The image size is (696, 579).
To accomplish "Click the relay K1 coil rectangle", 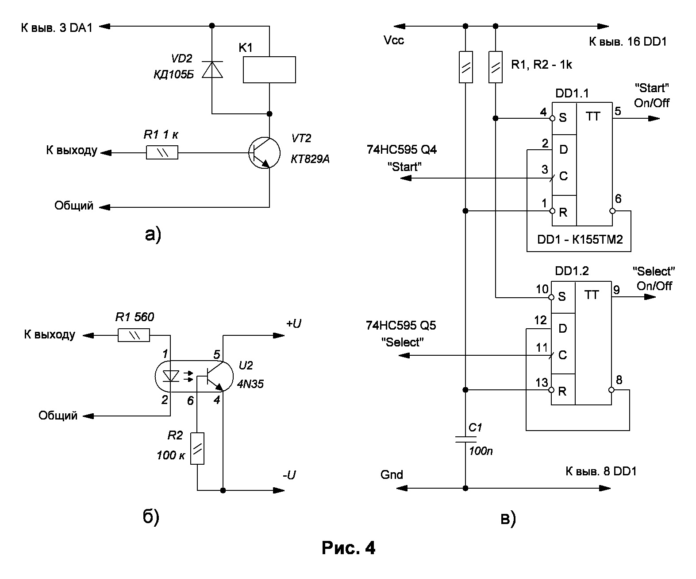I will pyautogui.click(x=269, y=70).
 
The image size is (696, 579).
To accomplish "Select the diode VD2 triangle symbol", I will pyautogui.click(x=212, y=70).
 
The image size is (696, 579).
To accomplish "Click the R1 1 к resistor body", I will pyautogui.click(x=162, y=153).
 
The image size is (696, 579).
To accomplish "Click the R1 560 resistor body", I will pyautogui.click(x=134, y=335).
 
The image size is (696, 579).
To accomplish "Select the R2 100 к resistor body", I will pyautogui.click(x=197, y=448).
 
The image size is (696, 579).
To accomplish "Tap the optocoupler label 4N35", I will pyautogui.click(x=250, y=384).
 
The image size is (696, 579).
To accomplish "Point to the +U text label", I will pyautogui.click(x=293, y=324).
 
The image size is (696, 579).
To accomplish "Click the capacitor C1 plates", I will pyautogui.click(x=465, y=439).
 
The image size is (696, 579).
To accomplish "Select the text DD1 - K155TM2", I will pyautogui.click(x=580, y=240).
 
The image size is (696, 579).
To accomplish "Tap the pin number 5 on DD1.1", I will pyautogui.click(x=618, y=111).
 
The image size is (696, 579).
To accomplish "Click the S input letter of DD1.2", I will pyautogui.click(x=562, y=296).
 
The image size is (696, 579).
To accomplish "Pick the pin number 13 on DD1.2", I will pyautogui.click(x=542, y=383).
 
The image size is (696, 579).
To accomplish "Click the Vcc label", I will pyautogui.click(x=394, y=41).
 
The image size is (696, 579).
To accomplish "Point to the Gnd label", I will pyautogui.click(x=392, y=475).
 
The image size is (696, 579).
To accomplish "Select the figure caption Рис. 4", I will pyautogui.click(x=348, y=548).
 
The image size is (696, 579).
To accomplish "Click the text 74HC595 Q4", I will pyautogui.click(x=401, y=150).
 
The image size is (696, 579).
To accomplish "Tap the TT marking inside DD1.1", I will pyautogui.click(x=593, y=117).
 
